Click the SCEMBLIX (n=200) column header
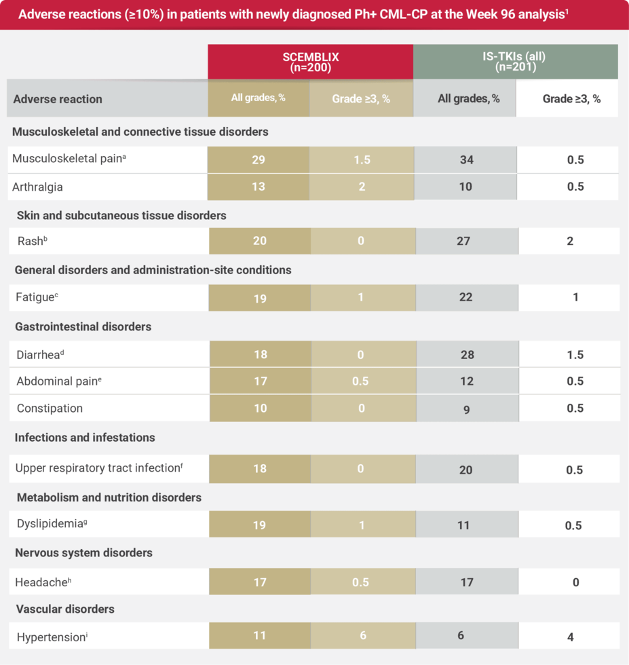click(x=310, y=62)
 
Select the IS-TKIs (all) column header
click(x=515, y=62)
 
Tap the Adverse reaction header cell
click(x=58, y=99)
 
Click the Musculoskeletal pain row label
click(x=69, y=159)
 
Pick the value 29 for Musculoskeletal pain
click(x=258, y=160)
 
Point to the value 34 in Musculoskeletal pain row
click(x=465, y=160)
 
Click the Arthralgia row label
click(x=37, y=186)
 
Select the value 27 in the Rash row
click(x=463, y=241)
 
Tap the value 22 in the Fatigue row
click(x=465, y=297)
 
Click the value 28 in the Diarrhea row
click(x=466, y=354)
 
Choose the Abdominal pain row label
click(x=59, y=381)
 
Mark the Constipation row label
click(x=50, y=408)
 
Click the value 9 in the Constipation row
click(x=466, y=409)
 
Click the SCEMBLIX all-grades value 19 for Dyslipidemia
click(x=259, y=525)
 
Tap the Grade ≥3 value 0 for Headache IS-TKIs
click(x=575, y=582)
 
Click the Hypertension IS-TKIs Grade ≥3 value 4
click(x=570, y=637)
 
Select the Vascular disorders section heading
click(x=64, y=609)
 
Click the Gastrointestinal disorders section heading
click(x=83, y=326)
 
